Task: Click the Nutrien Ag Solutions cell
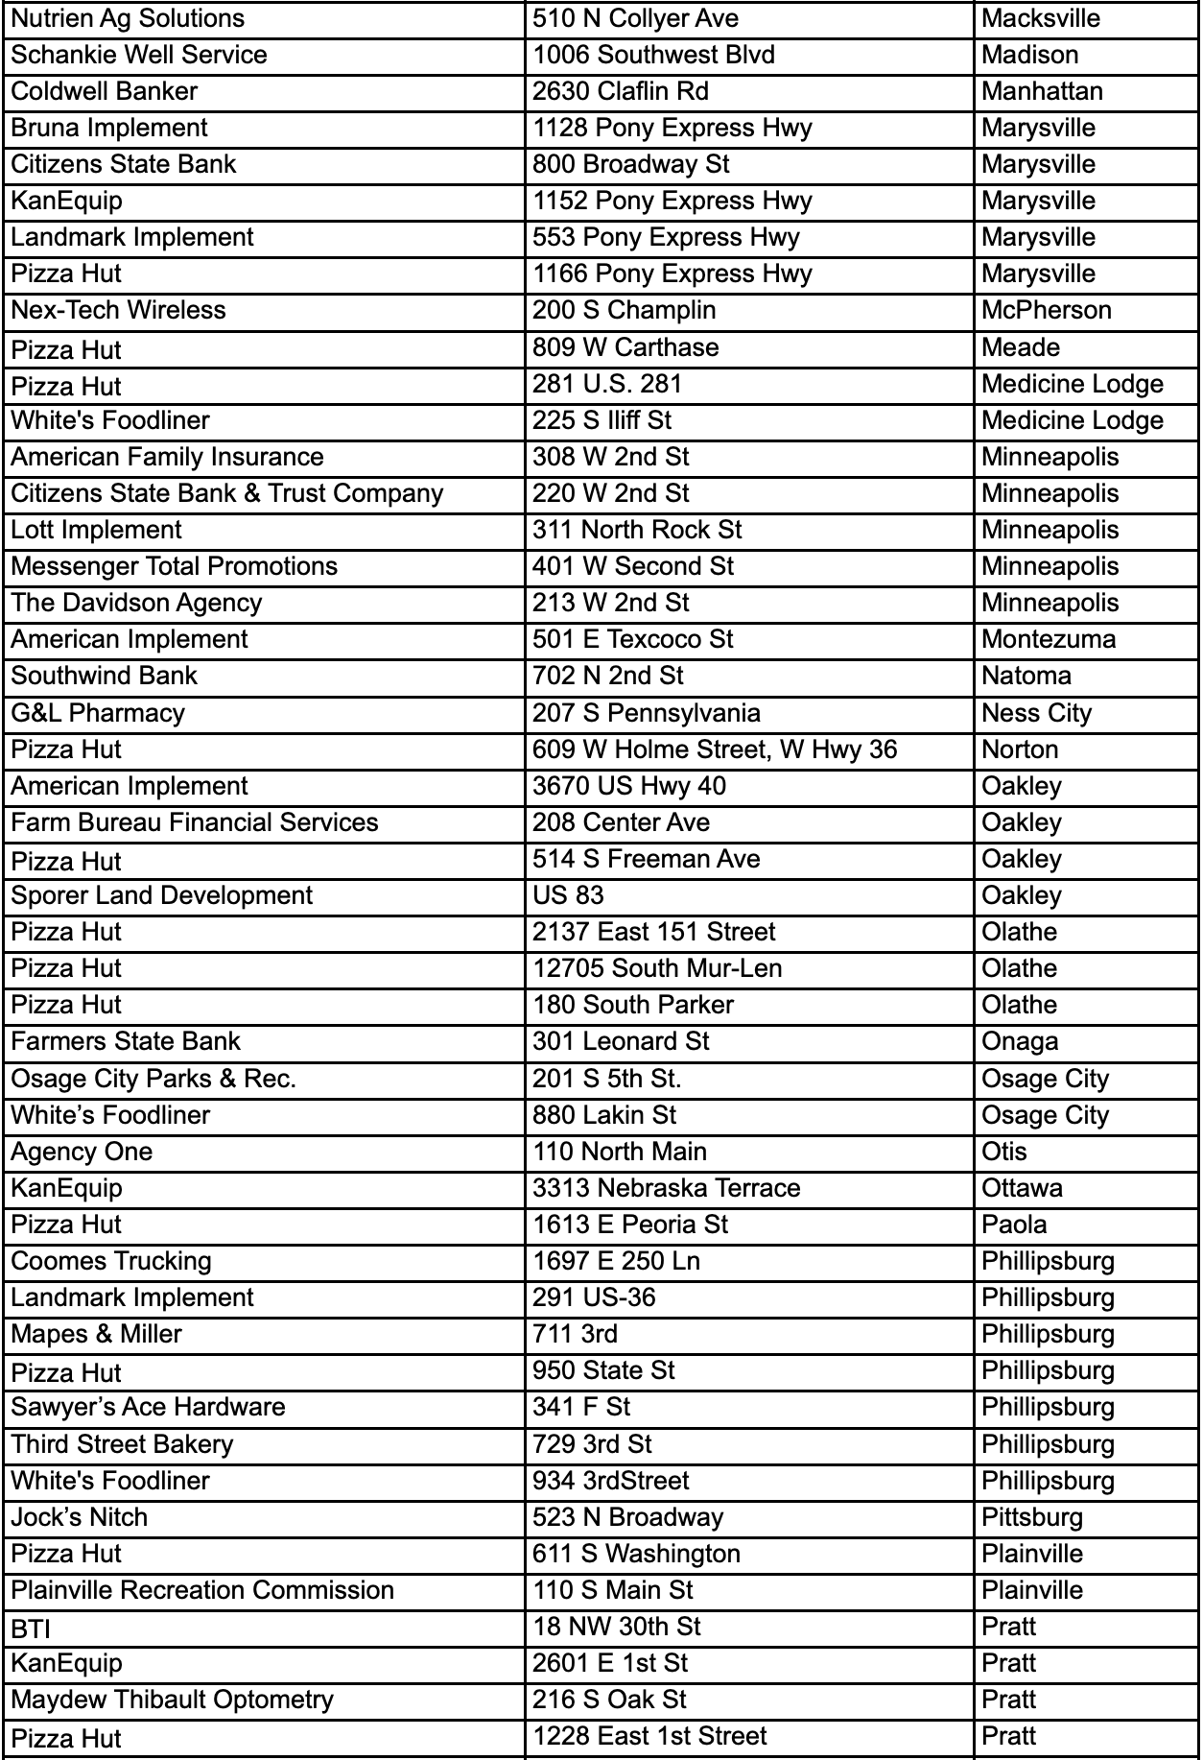click(x=128, y=18)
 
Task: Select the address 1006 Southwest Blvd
click(x=653, y=55)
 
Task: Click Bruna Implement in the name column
click(x=109, y=128)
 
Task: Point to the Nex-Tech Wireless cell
click(x=118, y=310)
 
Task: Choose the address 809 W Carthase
click(x=625, y=347)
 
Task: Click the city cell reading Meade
click(x=1021, y=347)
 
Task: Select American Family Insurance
click(x=167, y=457)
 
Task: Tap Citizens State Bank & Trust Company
click(x=227, y=493)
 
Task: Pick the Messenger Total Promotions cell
click(x=174, y=566)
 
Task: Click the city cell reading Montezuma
click(x=1049, y=639)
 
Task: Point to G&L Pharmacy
click(x=98, y=713)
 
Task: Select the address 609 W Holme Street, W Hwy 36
click(x=715, y=749)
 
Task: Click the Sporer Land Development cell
click(x=161, y=895)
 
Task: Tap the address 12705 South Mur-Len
click(x=657, y=968)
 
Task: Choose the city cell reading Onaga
click(x=1020, y=1041)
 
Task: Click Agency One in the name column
click(x=82, y=1152)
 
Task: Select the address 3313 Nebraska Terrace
click(x=666, y=1188)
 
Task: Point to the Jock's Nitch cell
click(x=79, y=1517)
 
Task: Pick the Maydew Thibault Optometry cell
click(x=172, y=1700)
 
